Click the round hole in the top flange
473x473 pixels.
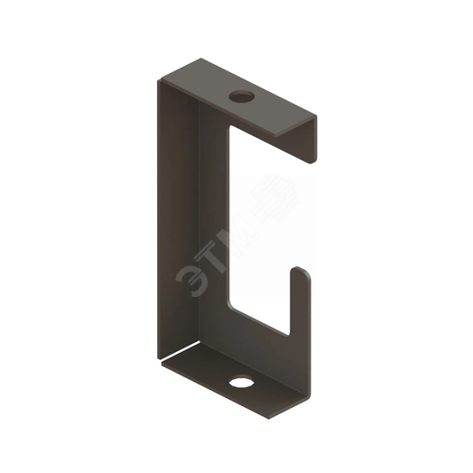241,97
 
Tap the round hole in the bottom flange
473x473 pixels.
241,383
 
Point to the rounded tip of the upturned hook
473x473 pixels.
300,269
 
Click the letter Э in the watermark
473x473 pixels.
190,281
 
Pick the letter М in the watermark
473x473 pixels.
241,236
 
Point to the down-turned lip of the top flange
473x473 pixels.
296,139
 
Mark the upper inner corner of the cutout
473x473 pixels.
231,126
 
